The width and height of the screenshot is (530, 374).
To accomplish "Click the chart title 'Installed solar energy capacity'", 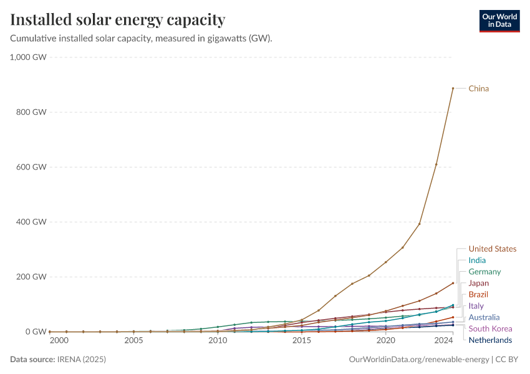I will pyautogui.click(x=118, y=20).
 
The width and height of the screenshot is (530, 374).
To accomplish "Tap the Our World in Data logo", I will pyautogui.click(x=499, y=21).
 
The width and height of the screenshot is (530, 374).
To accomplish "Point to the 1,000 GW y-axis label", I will pyautogui.click(x=29, y=57).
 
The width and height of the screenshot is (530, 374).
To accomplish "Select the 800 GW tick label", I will pyautogui.click(x=31, y=112).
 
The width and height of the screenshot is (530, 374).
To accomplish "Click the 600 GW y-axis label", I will pyautogui.click(x=31, y=167).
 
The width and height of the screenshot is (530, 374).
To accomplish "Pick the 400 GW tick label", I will pyautogui.click(x=31, y=222).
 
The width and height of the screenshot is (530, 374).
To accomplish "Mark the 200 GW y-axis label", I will pyautogui.click(x=31, y=277).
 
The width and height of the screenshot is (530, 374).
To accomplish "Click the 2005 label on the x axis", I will pyautogui.click(x=133, y=340).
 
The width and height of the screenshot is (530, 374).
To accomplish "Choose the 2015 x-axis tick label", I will pyautogui.click(x=302, y=340).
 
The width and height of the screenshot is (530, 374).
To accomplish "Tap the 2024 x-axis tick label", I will pyautogui.click(x=443, y=340).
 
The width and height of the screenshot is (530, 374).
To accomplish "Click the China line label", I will pyautogui.click(x=479, y=89).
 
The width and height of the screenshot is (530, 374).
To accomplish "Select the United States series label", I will pyautogui.click(x=493, y=249).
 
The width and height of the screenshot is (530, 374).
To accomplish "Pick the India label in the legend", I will pyautogui.click(x=477, y=261).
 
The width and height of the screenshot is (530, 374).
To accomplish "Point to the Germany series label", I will pyautogui.click(x=484, y=272).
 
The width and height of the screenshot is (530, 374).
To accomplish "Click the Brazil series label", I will pyautogui.click(x=478, y=294).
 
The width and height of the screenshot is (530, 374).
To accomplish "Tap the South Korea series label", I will pyautogui.click(x=490, y=328).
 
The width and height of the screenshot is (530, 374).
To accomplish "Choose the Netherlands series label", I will pyautogui.click(x=490, y=340).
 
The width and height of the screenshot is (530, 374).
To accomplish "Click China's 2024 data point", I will pyautogui.click(x=453, y=89).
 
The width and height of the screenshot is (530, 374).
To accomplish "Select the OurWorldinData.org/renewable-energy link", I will pyautogui.click(x=419, y=360).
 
